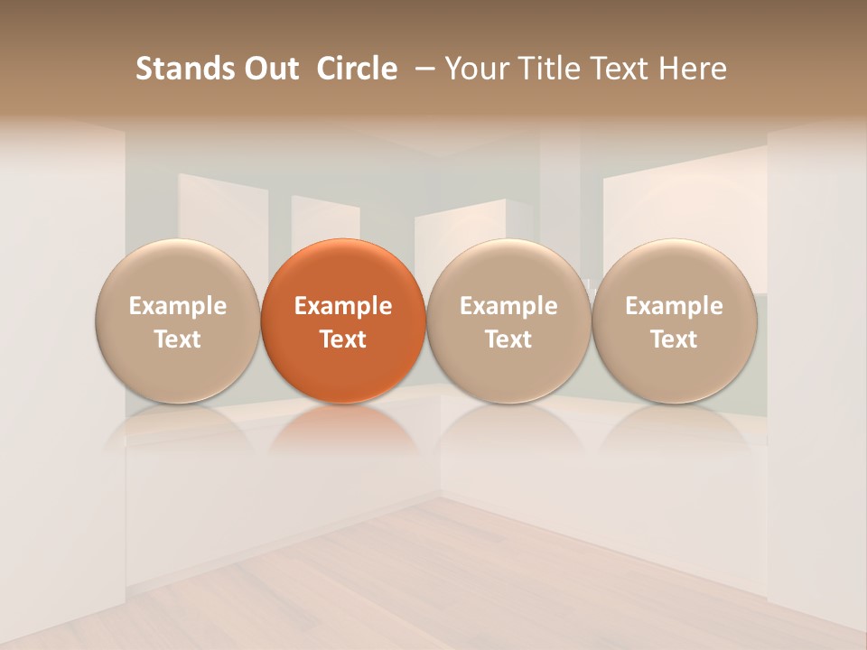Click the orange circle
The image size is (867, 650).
(x=343, y=271)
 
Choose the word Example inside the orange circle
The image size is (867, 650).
(x=343, y=306)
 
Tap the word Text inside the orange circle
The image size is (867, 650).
(x=343, y=339)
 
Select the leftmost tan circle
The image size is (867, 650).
(x=177, y=271)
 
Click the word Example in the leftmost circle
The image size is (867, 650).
(x=177, y=306)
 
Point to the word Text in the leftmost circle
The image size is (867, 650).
(x=177, y=339)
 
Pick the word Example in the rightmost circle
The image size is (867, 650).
(x=674, y=306)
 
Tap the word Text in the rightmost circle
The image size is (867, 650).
(x=674, y=339)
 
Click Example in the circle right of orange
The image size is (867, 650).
(x=508, y=306)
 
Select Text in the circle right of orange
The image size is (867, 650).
(x=508, y=339)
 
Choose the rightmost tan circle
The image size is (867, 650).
(x=674, y=271)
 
